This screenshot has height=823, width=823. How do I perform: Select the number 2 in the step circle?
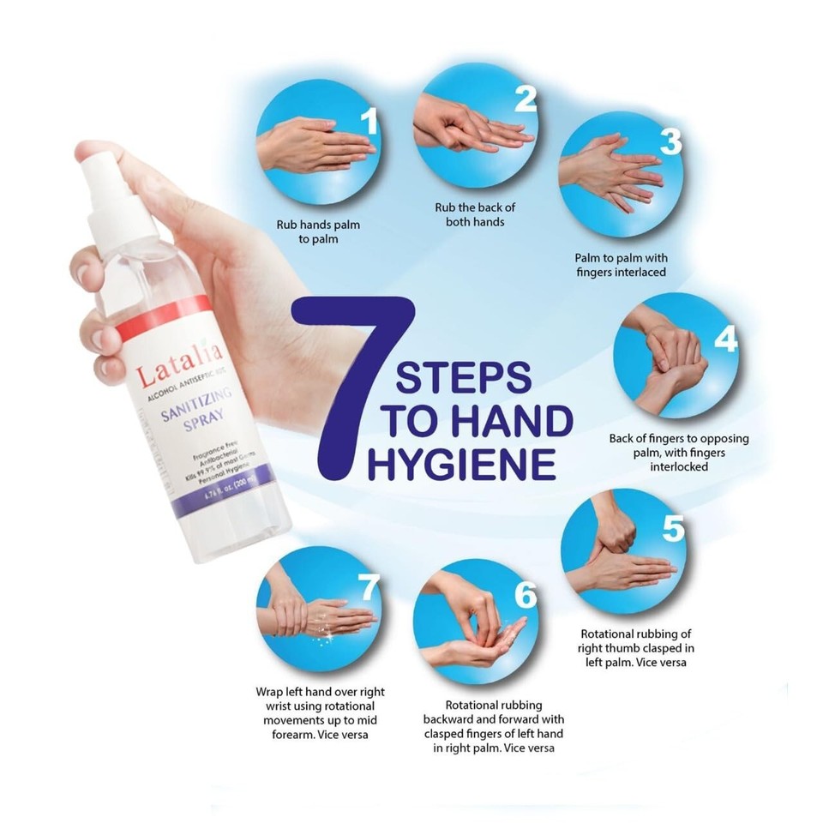click(525, 99)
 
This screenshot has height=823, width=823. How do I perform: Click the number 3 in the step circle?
click(670, 142)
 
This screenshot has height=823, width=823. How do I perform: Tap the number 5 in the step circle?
click(673, 528)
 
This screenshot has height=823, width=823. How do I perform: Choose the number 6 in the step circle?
click(525, 595)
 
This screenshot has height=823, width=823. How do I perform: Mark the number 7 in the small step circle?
click(368, 588)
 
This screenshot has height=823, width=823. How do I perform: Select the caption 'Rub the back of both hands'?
click(475, 214)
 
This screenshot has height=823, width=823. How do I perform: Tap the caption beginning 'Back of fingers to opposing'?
click(679, 453)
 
